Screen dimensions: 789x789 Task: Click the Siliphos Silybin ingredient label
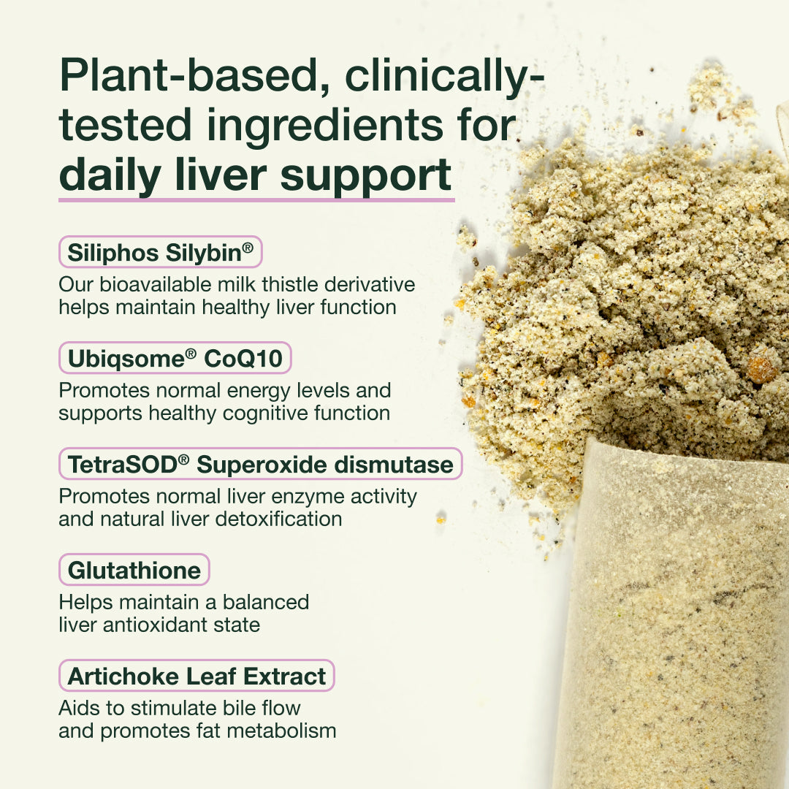(x=161, y=251)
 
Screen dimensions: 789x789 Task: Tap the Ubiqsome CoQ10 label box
(x=175, y=358)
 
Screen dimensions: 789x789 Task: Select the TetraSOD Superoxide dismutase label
(x=260, y=463)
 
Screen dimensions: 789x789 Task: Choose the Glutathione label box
(x=134, y=570)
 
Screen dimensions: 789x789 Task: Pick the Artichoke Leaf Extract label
(x=197, y=675)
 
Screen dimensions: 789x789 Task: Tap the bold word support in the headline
(x=366, y=177)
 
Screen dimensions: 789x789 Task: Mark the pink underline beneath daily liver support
(x=256, y=200)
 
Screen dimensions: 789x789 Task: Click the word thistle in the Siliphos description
(x=290, y=284)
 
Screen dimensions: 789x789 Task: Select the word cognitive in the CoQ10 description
(x=265, y=413)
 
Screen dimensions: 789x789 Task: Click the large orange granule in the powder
(x=761, y=370)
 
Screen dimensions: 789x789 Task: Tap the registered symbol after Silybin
(x=248, y=247)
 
